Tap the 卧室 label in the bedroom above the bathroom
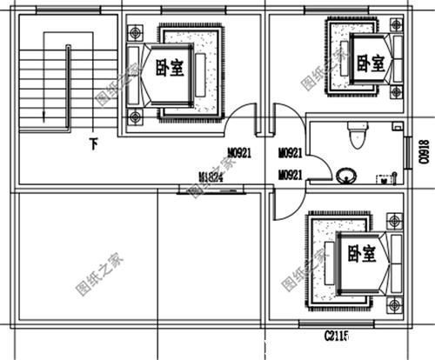point(372,63)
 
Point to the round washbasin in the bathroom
point(347,176)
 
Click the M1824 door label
point(211,177)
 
